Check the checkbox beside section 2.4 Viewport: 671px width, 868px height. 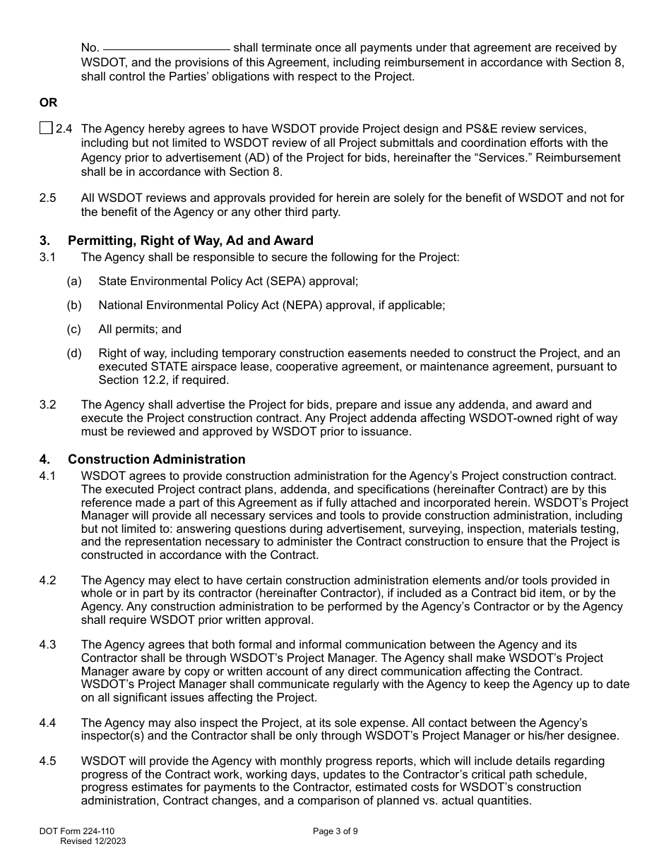pos(46,128)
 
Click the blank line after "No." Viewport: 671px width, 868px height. pos(167,49)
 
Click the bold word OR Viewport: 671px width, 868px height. pos(48,102)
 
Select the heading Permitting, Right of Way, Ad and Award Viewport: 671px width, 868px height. pos(190,241)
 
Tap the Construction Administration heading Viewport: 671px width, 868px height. pos(156,459)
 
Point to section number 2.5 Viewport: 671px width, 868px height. pos(48,198)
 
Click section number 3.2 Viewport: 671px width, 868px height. pos(48,405)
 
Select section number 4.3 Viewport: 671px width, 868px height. pos(48,644)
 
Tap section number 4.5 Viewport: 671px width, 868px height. pos(48,761)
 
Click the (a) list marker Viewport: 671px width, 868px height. pos(74,282)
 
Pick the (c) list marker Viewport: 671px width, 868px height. pos(74,329)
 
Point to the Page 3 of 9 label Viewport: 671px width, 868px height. pos(335,831)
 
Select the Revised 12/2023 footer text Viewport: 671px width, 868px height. pos(93,841)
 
